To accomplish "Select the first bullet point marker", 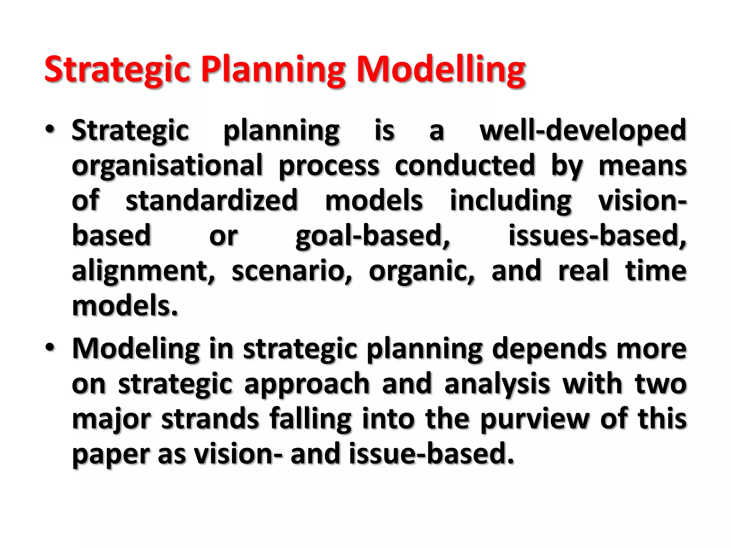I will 50,130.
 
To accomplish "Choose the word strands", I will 210,418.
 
